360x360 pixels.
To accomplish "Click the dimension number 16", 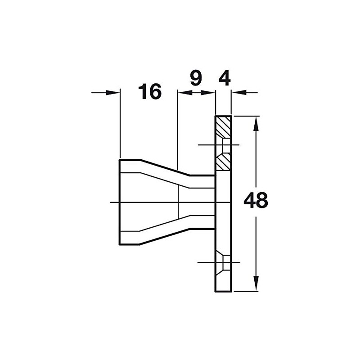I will click(x=150, y=92).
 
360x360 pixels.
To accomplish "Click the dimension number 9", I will click(x=195, y=78).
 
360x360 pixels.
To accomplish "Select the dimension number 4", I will click(x=224, y=78).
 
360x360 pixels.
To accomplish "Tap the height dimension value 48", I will click(x=256, y=201).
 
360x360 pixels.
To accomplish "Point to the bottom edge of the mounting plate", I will click(x=224, y=291).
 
